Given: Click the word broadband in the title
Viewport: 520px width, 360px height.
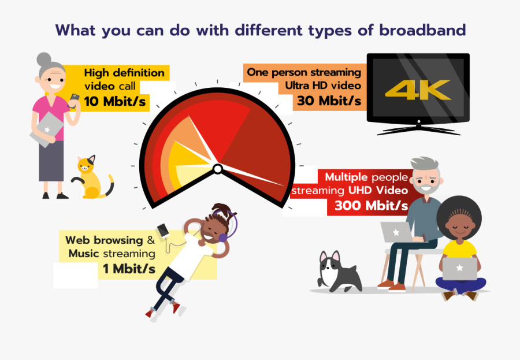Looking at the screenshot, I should coord(422,31).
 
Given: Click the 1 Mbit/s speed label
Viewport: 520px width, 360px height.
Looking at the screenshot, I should coord(129,268).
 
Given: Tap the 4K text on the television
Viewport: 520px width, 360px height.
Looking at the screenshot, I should coord(418,90).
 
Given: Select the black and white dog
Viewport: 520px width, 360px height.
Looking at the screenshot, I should coord(338,272).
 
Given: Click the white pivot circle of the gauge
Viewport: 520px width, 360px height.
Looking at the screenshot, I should coord(217,169).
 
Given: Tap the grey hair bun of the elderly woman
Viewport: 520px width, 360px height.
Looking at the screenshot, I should coord(44,60).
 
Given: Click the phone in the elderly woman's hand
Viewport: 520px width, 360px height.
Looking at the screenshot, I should coord(75,98).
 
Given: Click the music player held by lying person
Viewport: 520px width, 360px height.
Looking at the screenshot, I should coord(164,230).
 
